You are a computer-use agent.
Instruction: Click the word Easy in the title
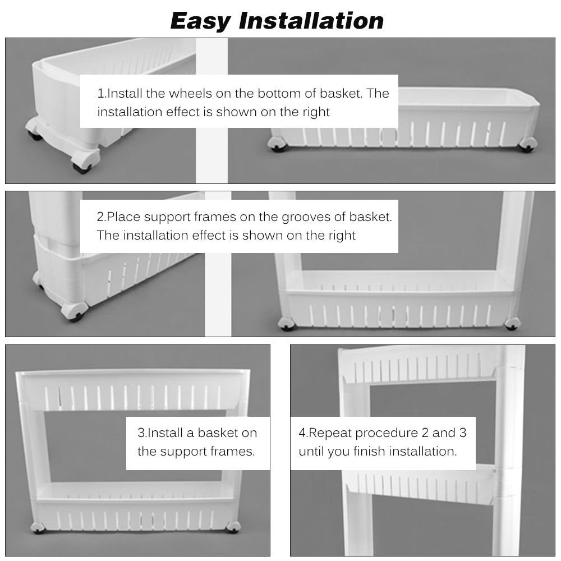tap(201, 21)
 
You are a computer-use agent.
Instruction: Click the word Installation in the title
tap(311, 20)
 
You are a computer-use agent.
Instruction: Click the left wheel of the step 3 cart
tap(38, 527)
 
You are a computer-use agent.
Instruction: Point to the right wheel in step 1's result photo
tap(527, 145)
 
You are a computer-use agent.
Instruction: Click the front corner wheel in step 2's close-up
tap(75, 312)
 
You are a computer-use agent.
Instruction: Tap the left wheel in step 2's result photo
tap(287, 324)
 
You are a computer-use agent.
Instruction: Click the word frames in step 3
tap(232, 452)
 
